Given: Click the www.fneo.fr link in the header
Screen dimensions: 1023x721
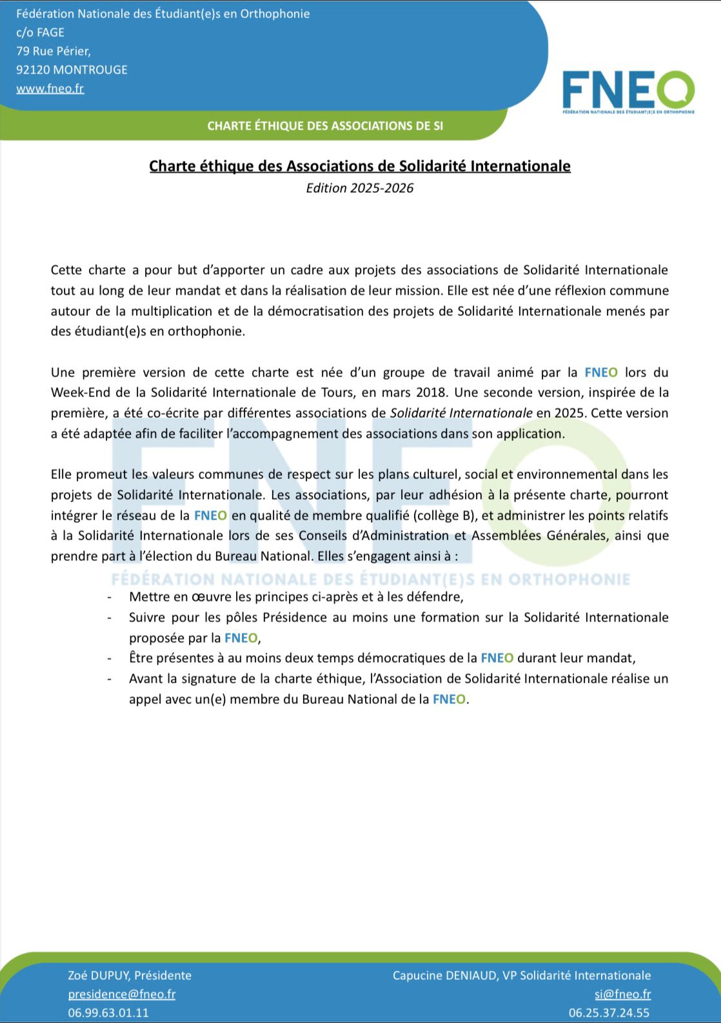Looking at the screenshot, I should click(50, 88).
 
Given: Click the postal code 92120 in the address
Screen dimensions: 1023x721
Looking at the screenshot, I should click(33, 70).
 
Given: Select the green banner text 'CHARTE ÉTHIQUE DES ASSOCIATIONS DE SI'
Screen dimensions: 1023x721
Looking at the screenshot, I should click(325, 126).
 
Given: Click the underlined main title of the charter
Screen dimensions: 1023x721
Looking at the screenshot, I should click(360, 166).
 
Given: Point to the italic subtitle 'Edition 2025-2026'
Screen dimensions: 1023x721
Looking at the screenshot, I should click(360, 188).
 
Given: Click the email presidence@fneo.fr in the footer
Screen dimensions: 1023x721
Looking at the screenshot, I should click(122, 994).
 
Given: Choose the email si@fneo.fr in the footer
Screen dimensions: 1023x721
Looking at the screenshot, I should click(623, 994).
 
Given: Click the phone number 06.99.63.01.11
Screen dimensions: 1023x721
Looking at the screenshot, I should click(108, 1013).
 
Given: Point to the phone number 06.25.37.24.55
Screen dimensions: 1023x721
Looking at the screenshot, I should click(609, 1013).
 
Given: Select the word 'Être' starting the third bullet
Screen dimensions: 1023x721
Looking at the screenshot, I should click(141, 658).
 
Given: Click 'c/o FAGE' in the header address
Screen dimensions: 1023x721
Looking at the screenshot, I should click(40, 32).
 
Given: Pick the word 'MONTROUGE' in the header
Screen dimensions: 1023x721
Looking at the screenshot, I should click(91, 70).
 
